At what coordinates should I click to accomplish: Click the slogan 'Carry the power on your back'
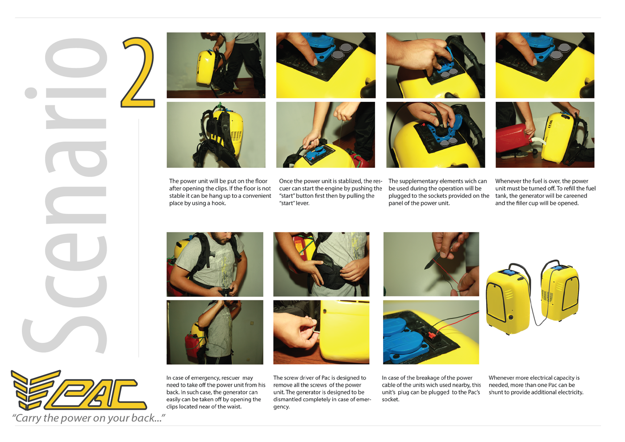point(88,418)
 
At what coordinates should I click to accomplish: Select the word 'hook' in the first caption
point(218,203)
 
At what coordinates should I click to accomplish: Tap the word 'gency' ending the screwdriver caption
point(281,407)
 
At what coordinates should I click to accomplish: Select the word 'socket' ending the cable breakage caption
point(390,400)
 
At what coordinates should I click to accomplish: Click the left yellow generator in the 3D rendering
point(508,301)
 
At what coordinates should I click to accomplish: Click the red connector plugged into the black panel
point(432,334)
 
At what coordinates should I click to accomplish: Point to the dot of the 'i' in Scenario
point(31,93)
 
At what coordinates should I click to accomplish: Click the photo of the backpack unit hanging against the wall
point(216,135)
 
